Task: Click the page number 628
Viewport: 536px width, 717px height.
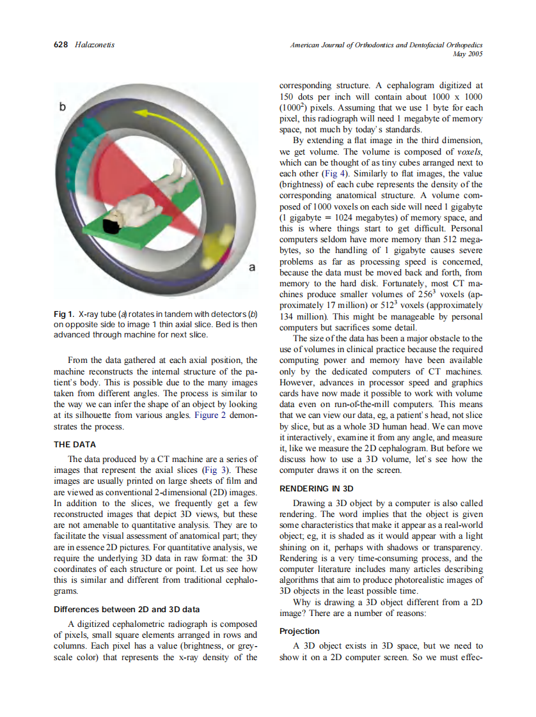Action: (61, 45)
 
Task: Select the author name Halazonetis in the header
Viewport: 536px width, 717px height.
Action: (95, 45)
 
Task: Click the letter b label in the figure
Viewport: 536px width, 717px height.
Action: (63, 107)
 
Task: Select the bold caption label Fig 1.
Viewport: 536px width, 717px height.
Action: (65, 315)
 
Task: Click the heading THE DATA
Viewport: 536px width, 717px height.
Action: (74, 445)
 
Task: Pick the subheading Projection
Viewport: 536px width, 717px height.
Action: (299, 631)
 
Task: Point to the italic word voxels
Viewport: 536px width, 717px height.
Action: (468, 151)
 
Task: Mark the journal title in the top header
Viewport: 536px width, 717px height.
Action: (386, 45)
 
